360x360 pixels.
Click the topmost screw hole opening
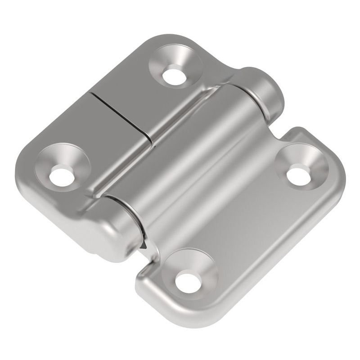coord(174,76)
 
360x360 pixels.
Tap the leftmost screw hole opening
coord(61,175)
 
